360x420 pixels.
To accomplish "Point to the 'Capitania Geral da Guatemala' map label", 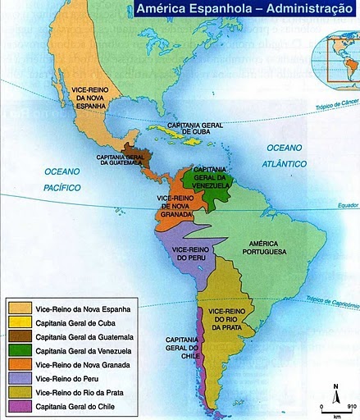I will point(121,159).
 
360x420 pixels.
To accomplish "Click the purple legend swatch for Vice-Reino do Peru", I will point(20,378).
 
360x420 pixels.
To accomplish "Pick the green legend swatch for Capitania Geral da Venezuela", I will point(20,350).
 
